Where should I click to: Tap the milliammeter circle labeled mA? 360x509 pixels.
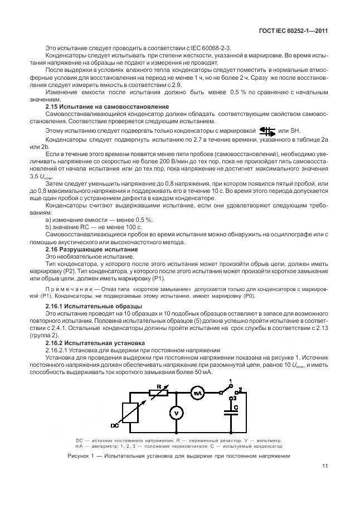197,394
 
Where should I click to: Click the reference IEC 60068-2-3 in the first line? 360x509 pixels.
214,48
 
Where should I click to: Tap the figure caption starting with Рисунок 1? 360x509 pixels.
179,455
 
